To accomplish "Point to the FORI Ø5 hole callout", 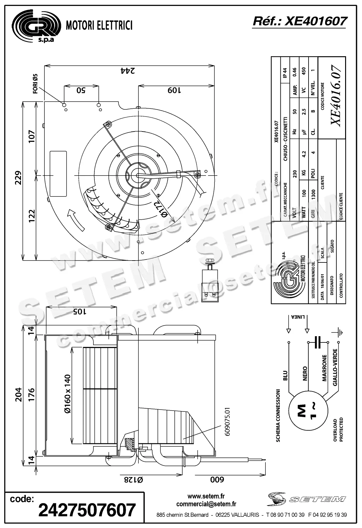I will tap(35, 84).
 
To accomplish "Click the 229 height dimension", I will tap(18, 177).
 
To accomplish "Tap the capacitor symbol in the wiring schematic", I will tap(318, 342).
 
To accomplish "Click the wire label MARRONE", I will tap(325, 368).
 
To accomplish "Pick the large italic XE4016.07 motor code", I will tap(336, 95).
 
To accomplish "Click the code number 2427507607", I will tap(87, 510).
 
